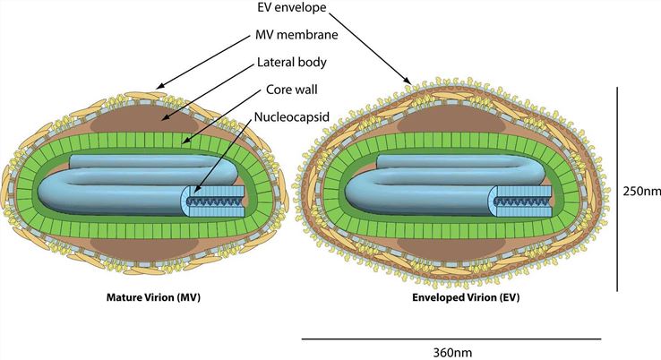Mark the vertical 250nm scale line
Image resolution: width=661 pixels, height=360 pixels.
click(x=618, y=190)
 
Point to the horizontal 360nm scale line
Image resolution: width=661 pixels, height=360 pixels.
click(x=451, y=339)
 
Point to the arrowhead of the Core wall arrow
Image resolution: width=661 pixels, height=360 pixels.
click(x=182, y=143)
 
